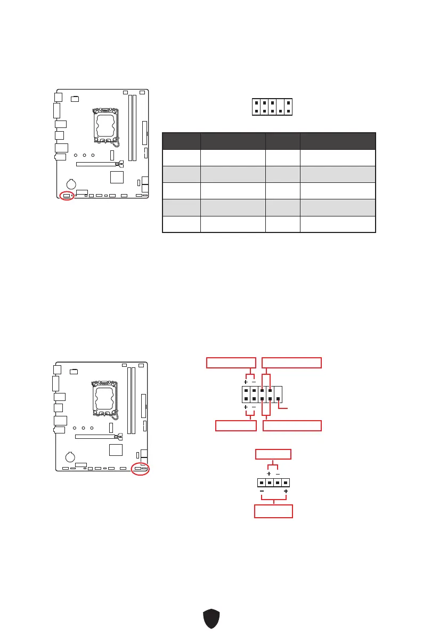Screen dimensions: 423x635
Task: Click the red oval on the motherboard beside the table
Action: coord(67,196)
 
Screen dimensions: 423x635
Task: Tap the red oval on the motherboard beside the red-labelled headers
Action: coord(141,469)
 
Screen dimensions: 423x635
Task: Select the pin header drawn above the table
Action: coord(273,107)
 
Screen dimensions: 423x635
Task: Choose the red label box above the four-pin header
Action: coord(273,454)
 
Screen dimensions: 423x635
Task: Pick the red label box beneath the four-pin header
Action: coord(273,511)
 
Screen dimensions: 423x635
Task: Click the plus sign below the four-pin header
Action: coord(286,491)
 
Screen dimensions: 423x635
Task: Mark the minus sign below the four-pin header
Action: coord(262,491)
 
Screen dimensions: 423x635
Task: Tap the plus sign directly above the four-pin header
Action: coord(269,473)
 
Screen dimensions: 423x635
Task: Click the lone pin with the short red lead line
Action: coord(278,398)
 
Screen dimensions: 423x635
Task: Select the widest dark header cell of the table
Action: coord(338,141)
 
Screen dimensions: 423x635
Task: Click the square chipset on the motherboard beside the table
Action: coord(117,177)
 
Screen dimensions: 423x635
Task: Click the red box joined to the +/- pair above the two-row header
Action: coord(231,363)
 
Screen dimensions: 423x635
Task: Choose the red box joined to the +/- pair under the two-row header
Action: coord(235,425)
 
